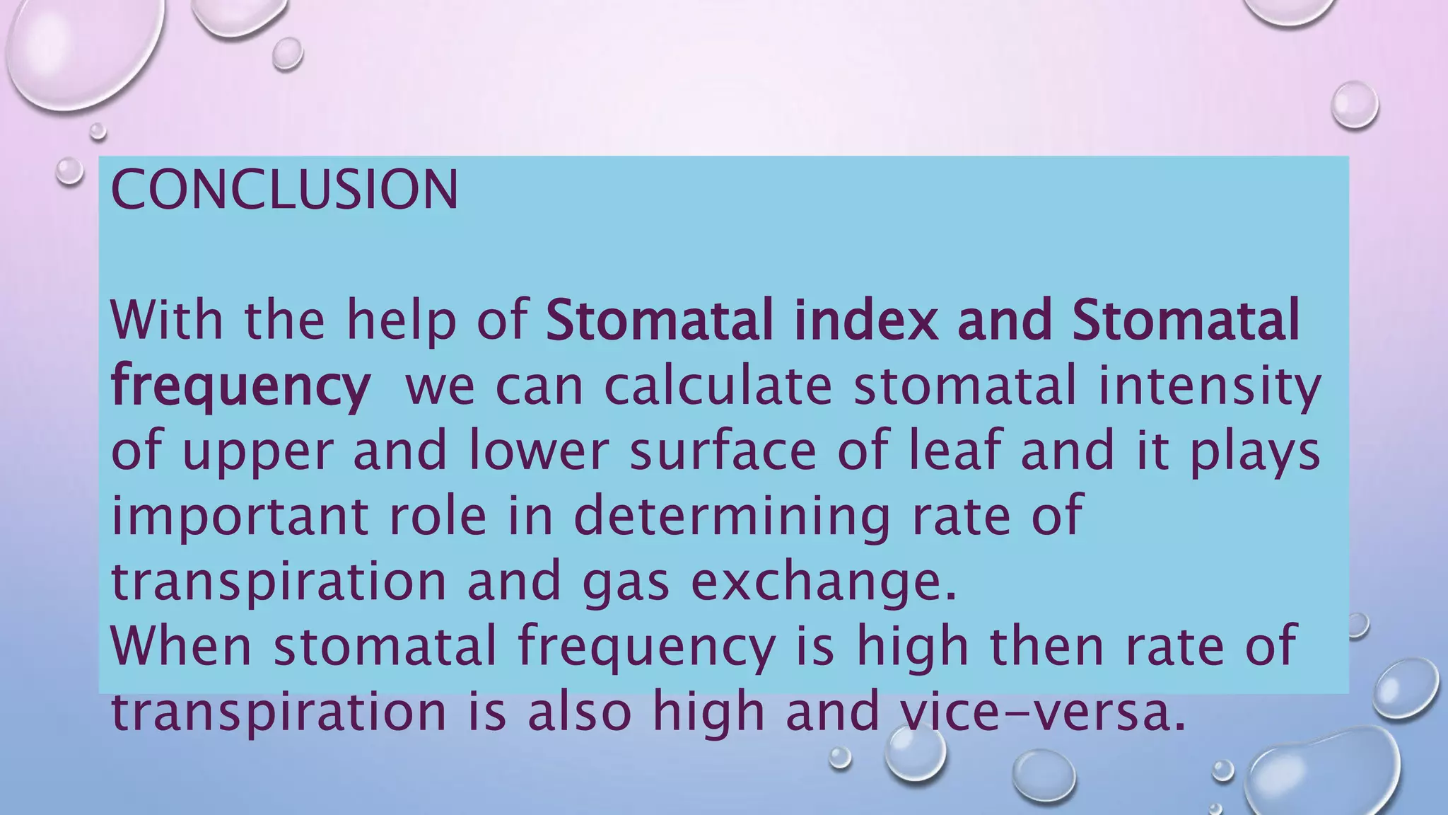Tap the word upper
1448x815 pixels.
click(257, 453)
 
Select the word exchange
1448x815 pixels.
click(823, 582)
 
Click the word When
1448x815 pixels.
click(182, 645)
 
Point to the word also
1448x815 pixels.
click(578, 711)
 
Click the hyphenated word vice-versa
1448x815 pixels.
click(1033, 711)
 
